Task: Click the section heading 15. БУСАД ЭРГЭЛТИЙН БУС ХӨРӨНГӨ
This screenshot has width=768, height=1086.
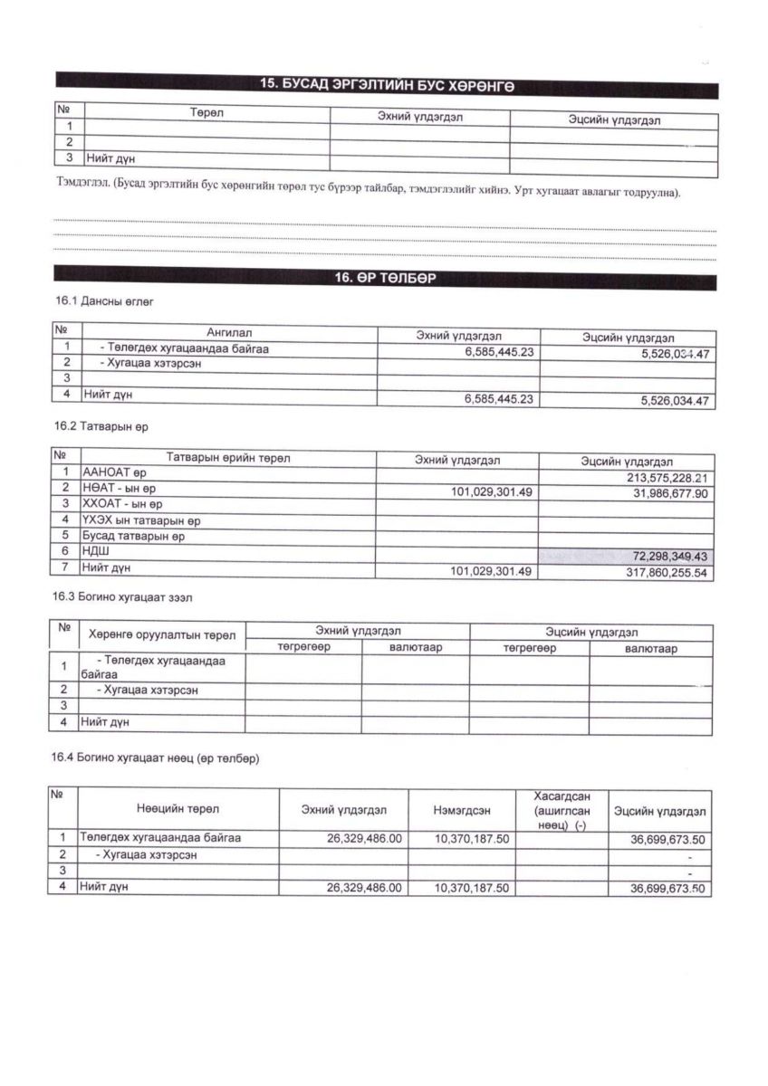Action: tap(387, 83)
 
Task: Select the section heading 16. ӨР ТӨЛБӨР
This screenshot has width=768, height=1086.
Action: tap(387, 279)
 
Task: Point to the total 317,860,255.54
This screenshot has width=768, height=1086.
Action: tap(658, 572)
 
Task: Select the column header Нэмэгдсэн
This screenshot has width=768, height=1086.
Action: tap(461, 809)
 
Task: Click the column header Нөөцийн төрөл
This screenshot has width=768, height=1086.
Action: tap(178, 809)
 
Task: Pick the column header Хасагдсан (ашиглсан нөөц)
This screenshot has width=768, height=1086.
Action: tap(562, 809)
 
